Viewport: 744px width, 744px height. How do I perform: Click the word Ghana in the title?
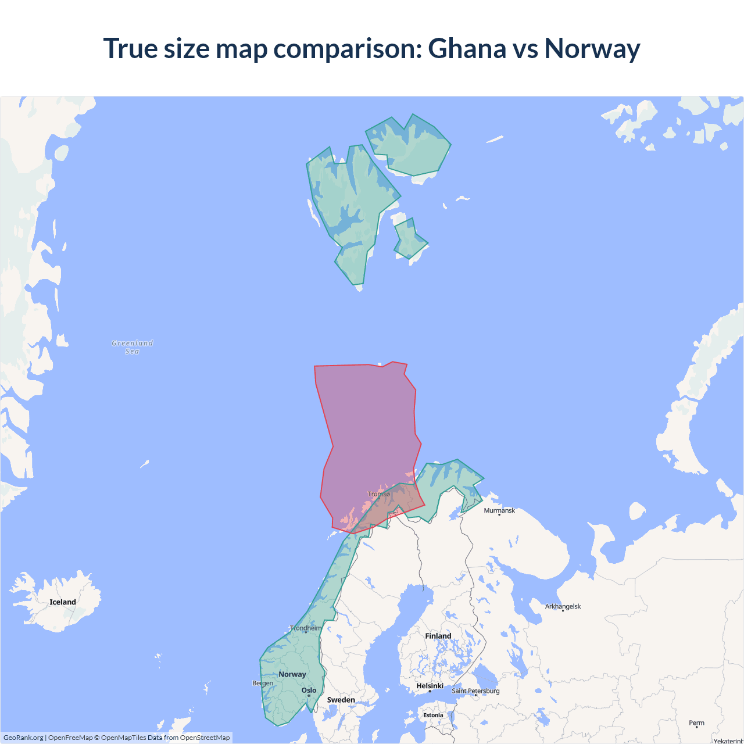point(467,48)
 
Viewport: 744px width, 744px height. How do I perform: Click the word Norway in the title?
point(592,48)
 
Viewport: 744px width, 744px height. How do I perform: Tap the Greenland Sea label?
point(133,347)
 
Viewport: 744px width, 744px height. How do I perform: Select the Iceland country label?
point(63,602)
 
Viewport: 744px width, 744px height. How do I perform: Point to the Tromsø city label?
point(379,494)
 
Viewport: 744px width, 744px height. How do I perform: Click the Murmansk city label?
point(499,510)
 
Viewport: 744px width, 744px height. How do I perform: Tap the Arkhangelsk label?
point(563,606)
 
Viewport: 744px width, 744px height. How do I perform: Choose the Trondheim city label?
point(306,628)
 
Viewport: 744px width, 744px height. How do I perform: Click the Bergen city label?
point(263,683)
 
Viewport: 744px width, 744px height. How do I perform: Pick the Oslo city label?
point(309,691)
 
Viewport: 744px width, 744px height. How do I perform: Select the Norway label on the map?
point(292,674)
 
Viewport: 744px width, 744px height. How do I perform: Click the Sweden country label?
point(341,700)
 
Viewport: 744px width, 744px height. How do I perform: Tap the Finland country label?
point(438,636)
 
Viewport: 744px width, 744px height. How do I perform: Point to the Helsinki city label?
point(430,686)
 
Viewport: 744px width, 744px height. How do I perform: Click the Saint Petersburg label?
point(475,691)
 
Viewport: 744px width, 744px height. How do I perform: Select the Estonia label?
point(433,715)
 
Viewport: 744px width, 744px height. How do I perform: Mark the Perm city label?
point(696,723)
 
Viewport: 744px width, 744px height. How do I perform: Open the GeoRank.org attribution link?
point(23,738)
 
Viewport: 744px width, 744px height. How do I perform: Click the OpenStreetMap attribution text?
point(205,738)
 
